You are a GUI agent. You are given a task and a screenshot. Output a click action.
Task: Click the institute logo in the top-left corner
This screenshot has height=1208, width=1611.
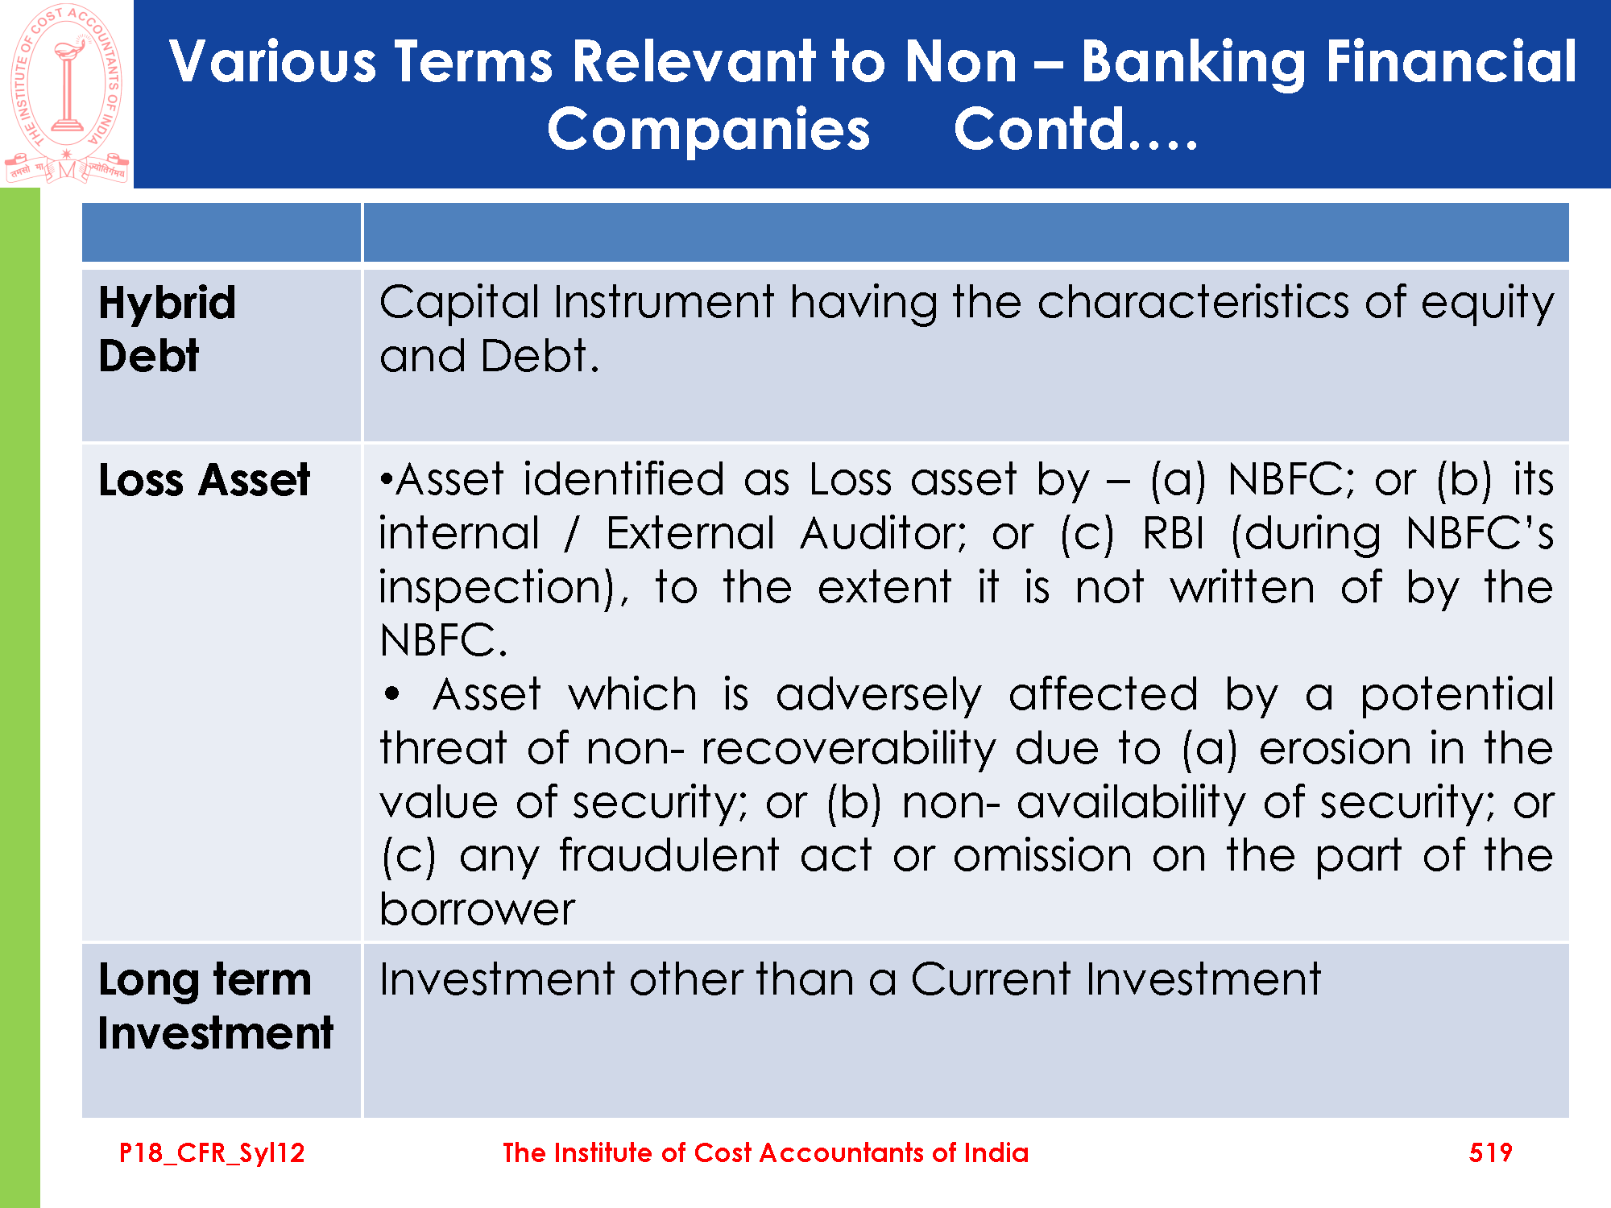(66, 93)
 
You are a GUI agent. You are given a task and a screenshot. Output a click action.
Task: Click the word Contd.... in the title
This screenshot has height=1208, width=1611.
(1076, 130)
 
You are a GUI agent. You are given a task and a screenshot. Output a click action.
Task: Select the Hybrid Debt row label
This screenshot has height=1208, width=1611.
(168, 329)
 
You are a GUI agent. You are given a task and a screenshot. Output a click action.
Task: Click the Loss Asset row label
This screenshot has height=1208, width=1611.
(205, 480)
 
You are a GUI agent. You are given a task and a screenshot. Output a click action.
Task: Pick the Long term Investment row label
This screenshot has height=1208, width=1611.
(216, 1007)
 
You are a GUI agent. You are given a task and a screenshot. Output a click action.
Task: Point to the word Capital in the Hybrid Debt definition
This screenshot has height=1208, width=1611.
(459, 303)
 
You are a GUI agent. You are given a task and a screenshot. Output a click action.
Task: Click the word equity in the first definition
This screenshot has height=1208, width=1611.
(1487, 304)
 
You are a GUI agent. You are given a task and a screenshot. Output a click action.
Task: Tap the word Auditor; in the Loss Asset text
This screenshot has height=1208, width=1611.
(884, 533)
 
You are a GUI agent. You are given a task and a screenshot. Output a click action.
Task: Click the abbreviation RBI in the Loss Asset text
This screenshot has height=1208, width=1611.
(1173, 533)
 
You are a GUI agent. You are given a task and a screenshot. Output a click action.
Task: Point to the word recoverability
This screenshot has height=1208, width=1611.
(849, 750)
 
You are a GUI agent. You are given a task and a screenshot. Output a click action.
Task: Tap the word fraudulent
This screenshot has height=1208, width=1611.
(669, 855)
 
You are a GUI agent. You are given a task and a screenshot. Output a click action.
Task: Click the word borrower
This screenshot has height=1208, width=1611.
(478, 910)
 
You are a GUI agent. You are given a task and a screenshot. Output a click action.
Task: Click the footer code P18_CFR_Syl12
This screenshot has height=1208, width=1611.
(212, 1153)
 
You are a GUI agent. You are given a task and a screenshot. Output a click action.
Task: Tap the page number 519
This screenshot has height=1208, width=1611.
(1490, 1152)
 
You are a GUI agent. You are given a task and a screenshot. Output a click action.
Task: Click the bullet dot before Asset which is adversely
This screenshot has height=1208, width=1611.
(392, 694)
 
